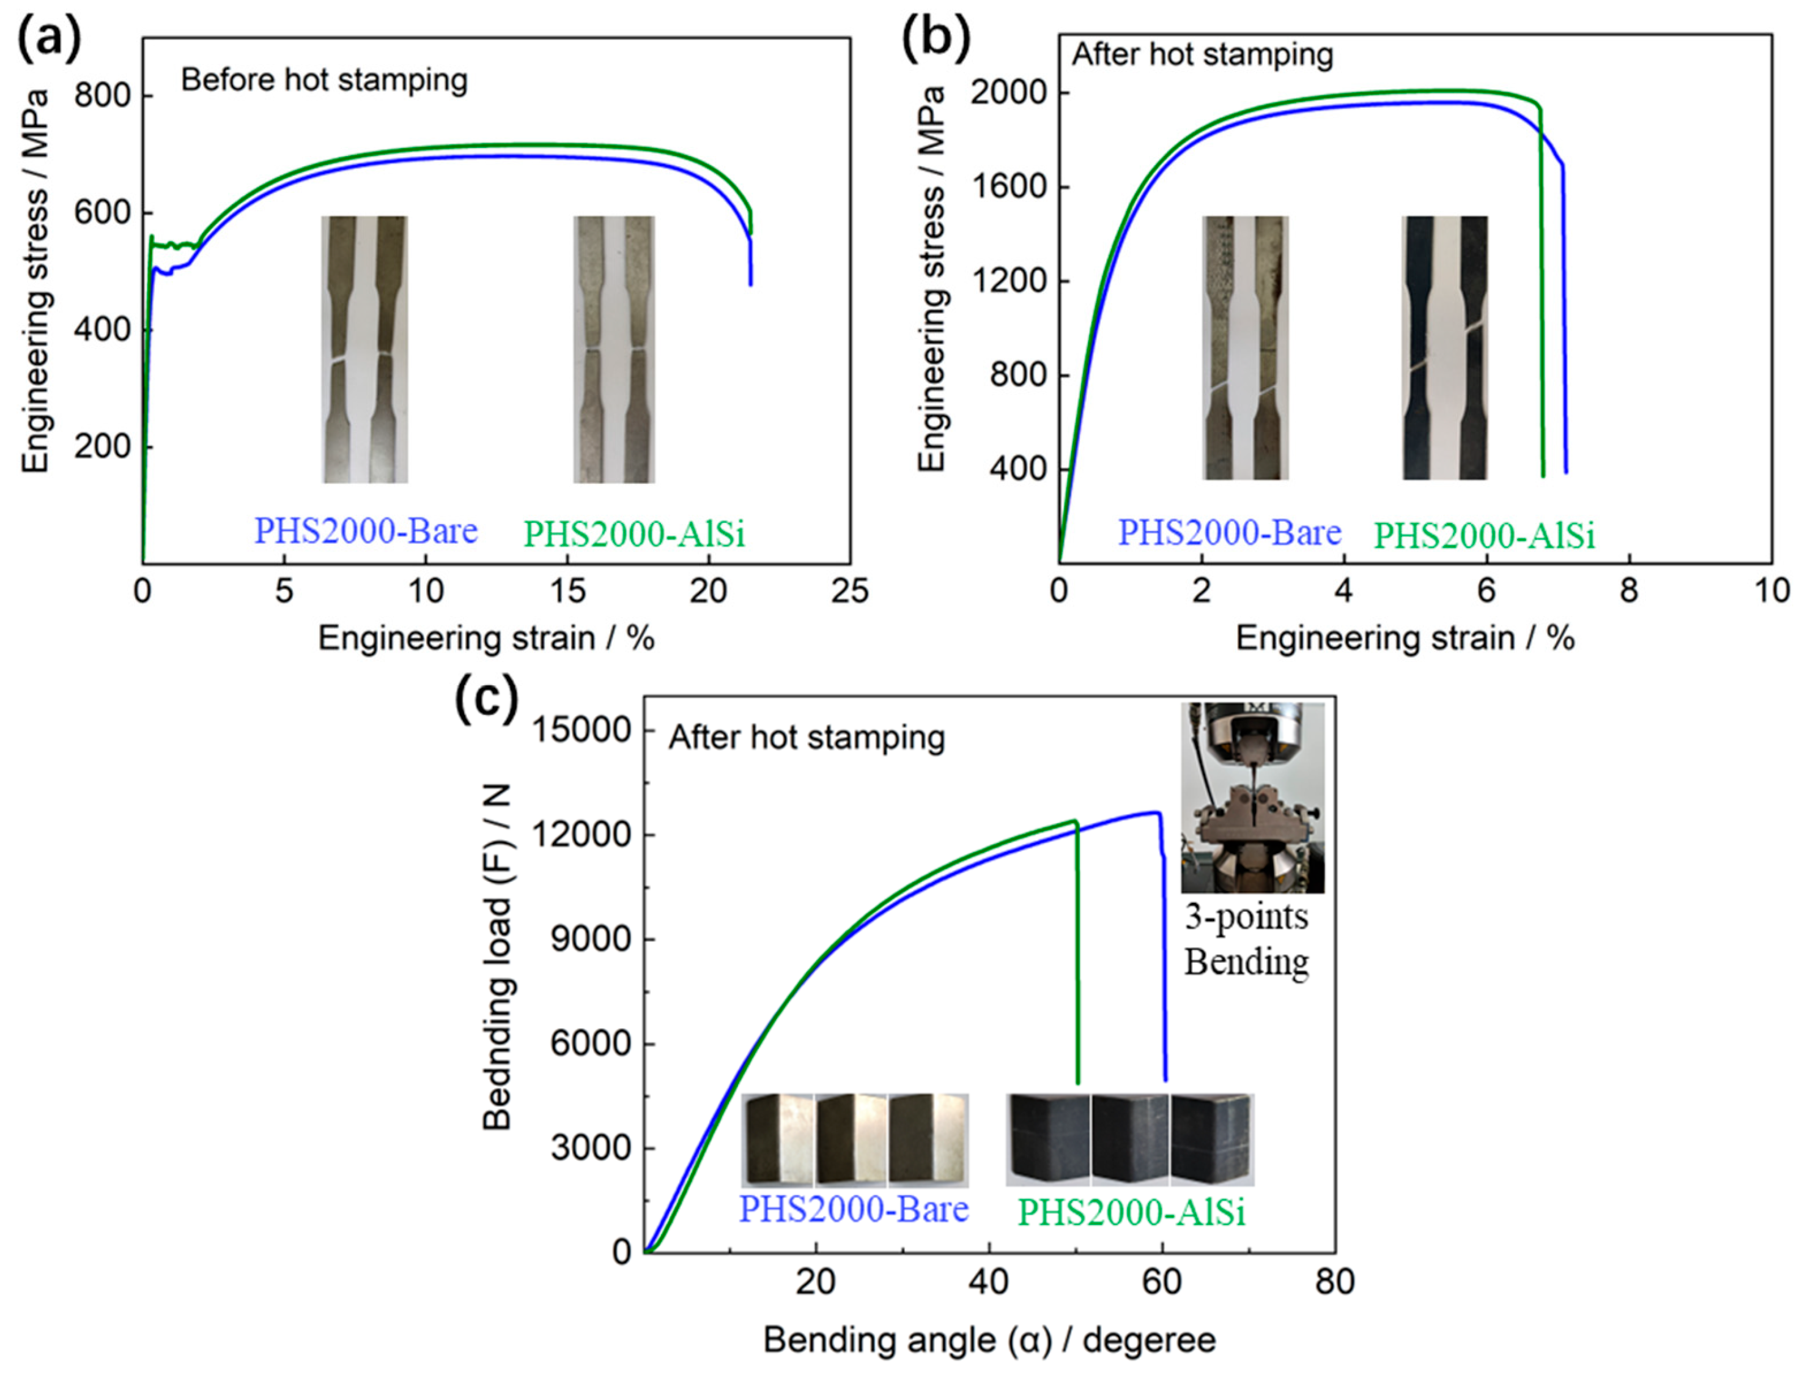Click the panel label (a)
(x=49, y=39)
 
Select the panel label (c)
(x=487, y=699)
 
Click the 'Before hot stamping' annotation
(x=324, y=80)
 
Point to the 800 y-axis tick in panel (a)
(x=103, y=96)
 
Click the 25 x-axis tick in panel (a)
(x=849, y=591)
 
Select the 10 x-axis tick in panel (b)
(x=1771, y=591)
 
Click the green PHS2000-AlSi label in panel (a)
(x=633, y=535)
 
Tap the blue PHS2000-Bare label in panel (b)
(x=1229, y=533)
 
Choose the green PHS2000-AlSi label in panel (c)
(x=1131, y=1212)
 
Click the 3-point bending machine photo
(x=1252, y=798)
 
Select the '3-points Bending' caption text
(x=1246, y=939)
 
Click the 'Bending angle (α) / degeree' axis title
(x=989, y=1340)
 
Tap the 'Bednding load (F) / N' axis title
(x=497, y=955)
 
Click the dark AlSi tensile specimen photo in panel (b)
(x=1444, y=348)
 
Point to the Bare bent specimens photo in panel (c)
(x=854, y=1140)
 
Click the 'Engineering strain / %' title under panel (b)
(x=1405, y=638)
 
